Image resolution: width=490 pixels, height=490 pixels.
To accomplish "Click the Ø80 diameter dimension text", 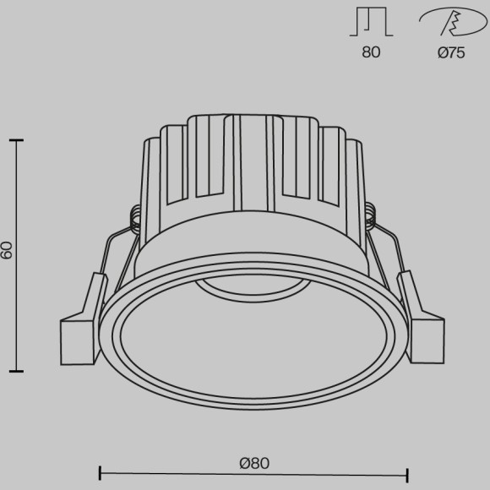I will [253, 462].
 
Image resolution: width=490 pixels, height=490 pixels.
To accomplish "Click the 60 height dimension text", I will [8, 251].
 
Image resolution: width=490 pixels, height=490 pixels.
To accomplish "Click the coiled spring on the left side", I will [134, 218].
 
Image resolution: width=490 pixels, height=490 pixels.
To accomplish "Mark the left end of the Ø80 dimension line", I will [101, 474].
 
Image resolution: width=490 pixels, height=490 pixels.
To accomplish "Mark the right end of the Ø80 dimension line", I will [408, 474].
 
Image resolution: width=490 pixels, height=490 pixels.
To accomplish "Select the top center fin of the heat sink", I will [251, 156].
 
